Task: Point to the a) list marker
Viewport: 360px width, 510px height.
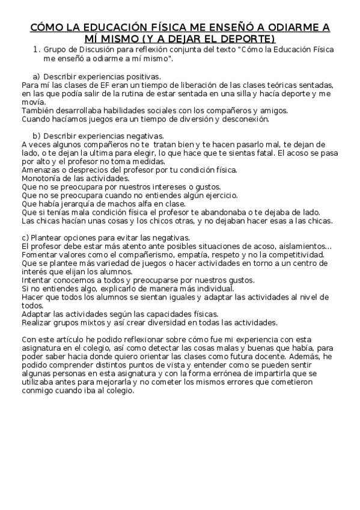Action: click(x=37, y=76)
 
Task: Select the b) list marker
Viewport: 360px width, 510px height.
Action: click(x=37, y=136)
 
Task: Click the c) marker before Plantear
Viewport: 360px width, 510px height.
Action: click(x=25, y=238)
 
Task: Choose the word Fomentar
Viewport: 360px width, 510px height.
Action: click(x=40, y=254)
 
